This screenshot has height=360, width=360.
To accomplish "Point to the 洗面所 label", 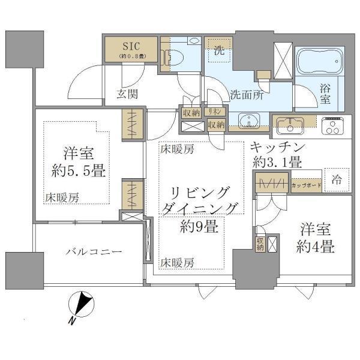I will coord(246,95).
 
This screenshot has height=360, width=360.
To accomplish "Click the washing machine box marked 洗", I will coord(218,52).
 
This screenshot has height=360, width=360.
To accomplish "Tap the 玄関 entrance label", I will coord(127,94).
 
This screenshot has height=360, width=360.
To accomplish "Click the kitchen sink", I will coord(292,127).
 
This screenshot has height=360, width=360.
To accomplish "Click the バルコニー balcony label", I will coord(89,252).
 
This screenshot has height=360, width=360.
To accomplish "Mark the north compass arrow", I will coord(83,302).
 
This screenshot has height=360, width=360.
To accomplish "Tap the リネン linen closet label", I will coord(214,112).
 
